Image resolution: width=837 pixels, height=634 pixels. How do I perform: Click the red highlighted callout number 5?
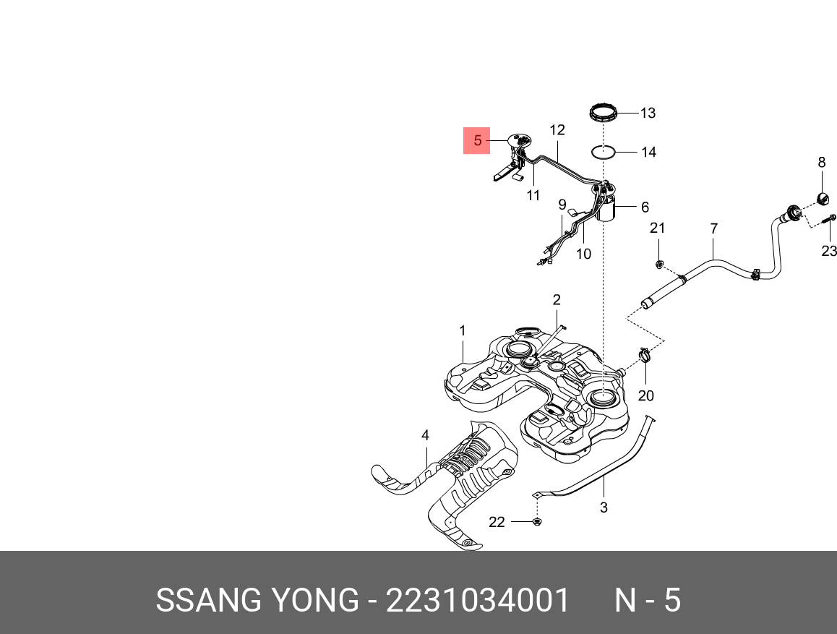(x=476, y=140)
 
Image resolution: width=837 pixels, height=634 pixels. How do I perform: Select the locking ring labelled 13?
(x=604, y=113)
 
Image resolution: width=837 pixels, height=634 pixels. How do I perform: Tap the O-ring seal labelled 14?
(x=604, y=153)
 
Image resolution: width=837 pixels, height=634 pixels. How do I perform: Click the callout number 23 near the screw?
(x=829, y=251)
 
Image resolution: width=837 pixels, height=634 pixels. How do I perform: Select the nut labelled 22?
(x=537, y=521)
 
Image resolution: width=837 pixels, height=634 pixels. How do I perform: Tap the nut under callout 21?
(x=659, y=264)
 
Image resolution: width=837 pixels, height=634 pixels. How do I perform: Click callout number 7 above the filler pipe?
(x=713, y=229)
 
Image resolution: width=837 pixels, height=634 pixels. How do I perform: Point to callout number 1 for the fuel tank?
(x=463, y=330)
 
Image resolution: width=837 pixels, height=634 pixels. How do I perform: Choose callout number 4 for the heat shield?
(x=425, y=435)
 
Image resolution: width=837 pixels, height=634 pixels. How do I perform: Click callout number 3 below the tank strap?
(x=604, y=507)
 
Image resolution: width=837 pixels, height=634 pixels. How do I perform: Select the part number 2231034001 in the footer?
(x=478, y=601)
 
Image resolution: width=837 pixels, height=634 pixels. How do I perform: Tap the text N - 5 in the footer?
(x=647, y=601)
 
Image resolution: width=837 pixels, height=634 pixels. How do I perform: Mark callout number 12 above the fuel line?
(x=557, y=131)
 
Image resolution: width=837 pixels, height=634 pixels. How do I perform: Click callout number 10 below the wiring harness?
(x=583, y=254)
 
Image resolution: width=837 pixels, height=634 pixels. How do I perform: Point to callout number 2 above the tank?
(x=557, y=299)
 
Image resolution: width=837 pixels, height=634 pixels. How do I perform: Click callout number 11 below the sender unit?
(x=533, y=195)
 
